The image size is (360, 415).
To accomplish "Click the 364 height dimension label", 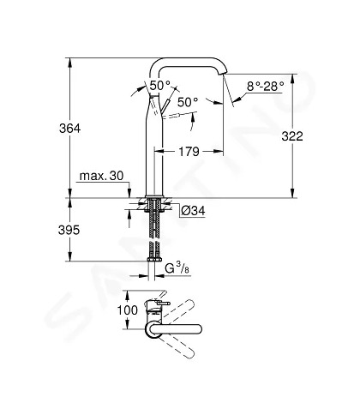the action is click(70, 129).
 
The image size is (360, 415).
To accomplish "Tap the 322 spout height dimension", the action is click(292, 136).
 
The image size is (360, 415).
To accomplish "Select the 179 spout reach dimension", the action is click(189, 152).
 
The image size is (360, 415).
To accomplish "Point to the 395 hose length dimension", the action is click(69, 230).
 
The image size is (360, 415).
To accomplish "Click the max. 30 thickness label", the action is click(101, 176).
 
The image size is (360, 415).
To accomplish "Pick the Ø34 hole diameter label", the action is click(193, 211).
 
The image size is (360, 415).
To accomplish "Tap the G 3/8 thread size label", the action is click(177, 268).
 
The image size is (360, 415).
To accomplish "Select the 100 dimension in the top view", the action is click(128, 310).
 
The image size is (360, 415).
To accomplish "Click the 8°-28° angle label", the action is click(266, 86).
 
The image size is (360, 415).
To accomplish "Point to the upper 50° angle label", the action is click(160, 85).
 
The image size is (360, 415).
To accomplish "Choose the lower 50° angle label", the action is click(188, 102).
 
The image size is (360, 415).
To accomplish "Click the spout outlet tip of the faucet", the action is click(222, 74).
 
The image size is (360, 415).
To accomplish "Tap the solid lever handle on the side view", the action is click(165, 105).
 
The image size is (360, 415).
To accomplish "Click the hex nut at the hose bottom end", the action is click(154, 259).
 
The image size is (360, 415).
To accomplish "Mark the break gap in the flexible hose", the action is click(154, 239).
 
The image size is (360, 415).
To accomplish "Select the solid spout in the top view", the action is click(174, 329).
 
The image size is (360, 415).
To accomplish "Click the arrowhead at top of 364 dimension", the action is click(69, 62).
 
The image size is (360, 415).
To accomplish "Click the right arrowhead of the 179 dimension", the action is click(219, 151).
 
